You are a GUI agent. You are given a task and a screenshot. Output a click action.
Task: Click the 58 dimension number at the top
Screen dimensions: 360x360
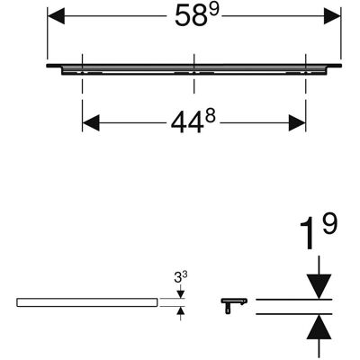(189, 16)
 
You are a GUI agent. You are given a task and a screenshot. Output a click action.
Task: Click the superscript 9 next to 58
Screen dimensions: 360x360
(214, 10)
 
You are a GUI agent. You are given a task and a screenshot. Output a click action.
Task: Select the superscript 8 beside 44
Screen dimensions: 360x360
(211, 116)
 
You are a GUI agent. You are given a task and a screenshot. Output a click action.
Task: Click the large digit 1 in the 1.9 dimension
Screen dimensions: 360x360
(308, 233)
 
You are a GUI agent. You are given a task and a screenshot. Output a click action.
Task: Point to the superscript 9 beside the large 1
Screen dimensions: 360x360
(328, 224)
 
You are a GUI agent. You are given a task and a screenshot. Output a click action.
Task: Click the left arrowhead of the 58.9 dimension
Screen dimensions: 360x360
(56, 16)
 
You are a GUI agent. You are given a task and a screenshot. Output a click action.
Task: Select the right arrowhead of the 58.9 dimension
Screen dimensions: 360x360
(332, 16)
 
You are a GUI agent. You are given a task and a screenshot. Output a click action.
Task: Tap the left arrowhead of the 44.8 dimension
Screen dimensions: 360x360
(91, 123)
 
